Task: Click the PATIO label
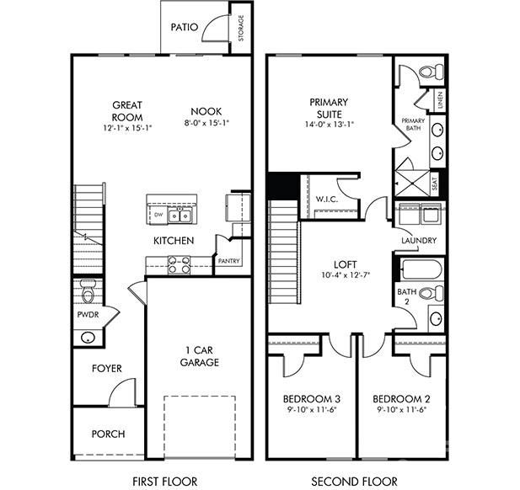tap(185, 27)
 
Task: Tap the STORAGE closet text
tap(241, 28)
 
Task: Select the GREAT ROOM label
tap(127, 111)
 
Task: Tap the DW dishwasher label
tap(157, 215)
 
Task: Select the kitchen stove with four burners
tap(180, 265)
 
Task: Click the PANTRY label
tap(229, 261)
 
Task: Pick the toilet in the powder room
tap(88, 291)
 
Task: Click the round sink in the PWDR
tap(88, 337)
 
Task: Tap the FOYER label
tap(107, 369)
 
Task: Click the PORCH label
tap(108, 434)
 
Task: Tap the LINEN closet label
tap(440, 100)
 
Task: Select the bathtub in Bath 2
tap(419, 269)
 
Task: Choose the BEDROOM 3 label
tap(311, 397)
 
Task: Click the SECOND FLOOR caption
tap(355, 482)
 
